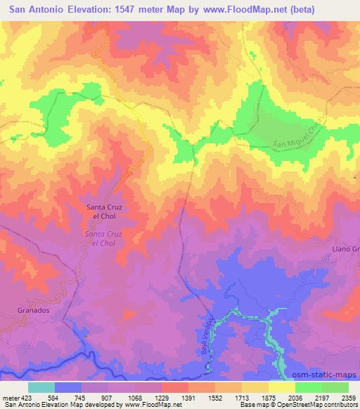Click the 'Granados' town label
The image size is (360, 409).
(x=32, y=309)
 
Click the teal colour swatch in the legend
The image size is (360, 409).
(x=41, y=387)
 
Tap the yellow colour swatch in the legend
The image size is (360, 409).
(x=282, y=387)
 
